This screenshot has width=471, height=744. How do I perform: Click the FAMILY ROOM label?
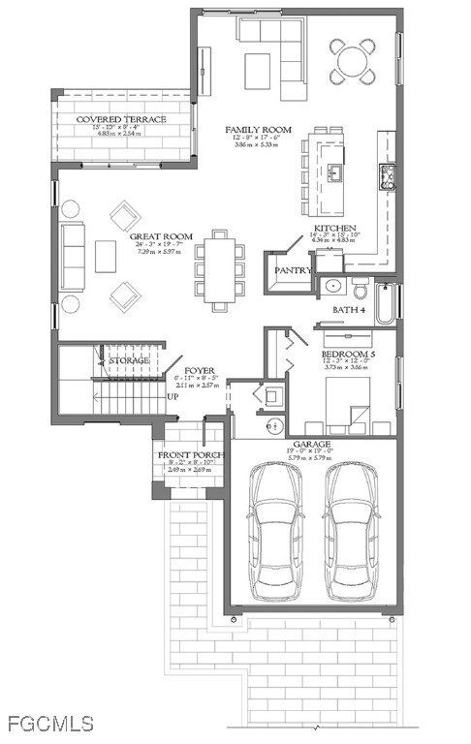[259, 129]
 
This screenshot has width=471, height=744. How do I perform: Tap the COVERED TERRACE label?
[121, 119]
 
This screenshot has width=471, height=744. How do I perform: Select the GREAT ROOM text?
[161, 236]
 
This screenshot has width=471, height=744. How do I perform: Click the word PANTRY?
[291, 270]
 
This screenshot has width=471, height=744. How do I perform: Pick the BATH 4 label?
[350, 310]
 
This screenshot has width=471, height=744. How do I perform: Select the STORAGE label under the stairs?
[128, 360]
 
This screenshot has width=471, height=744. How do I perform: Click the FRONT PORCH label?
[192, 454]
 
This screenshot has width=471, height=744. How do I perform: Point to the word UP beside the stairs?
[173, 397]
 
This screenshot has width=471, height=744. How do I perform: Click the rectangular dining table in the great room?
[220, 270]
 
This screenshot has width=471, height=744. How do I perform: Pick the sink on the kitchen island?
[334, 172]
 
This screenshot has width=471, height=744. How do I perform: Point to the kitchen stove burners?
[388, 175]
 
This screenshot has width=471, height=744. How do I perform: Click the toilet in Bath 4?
[359, 289]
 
